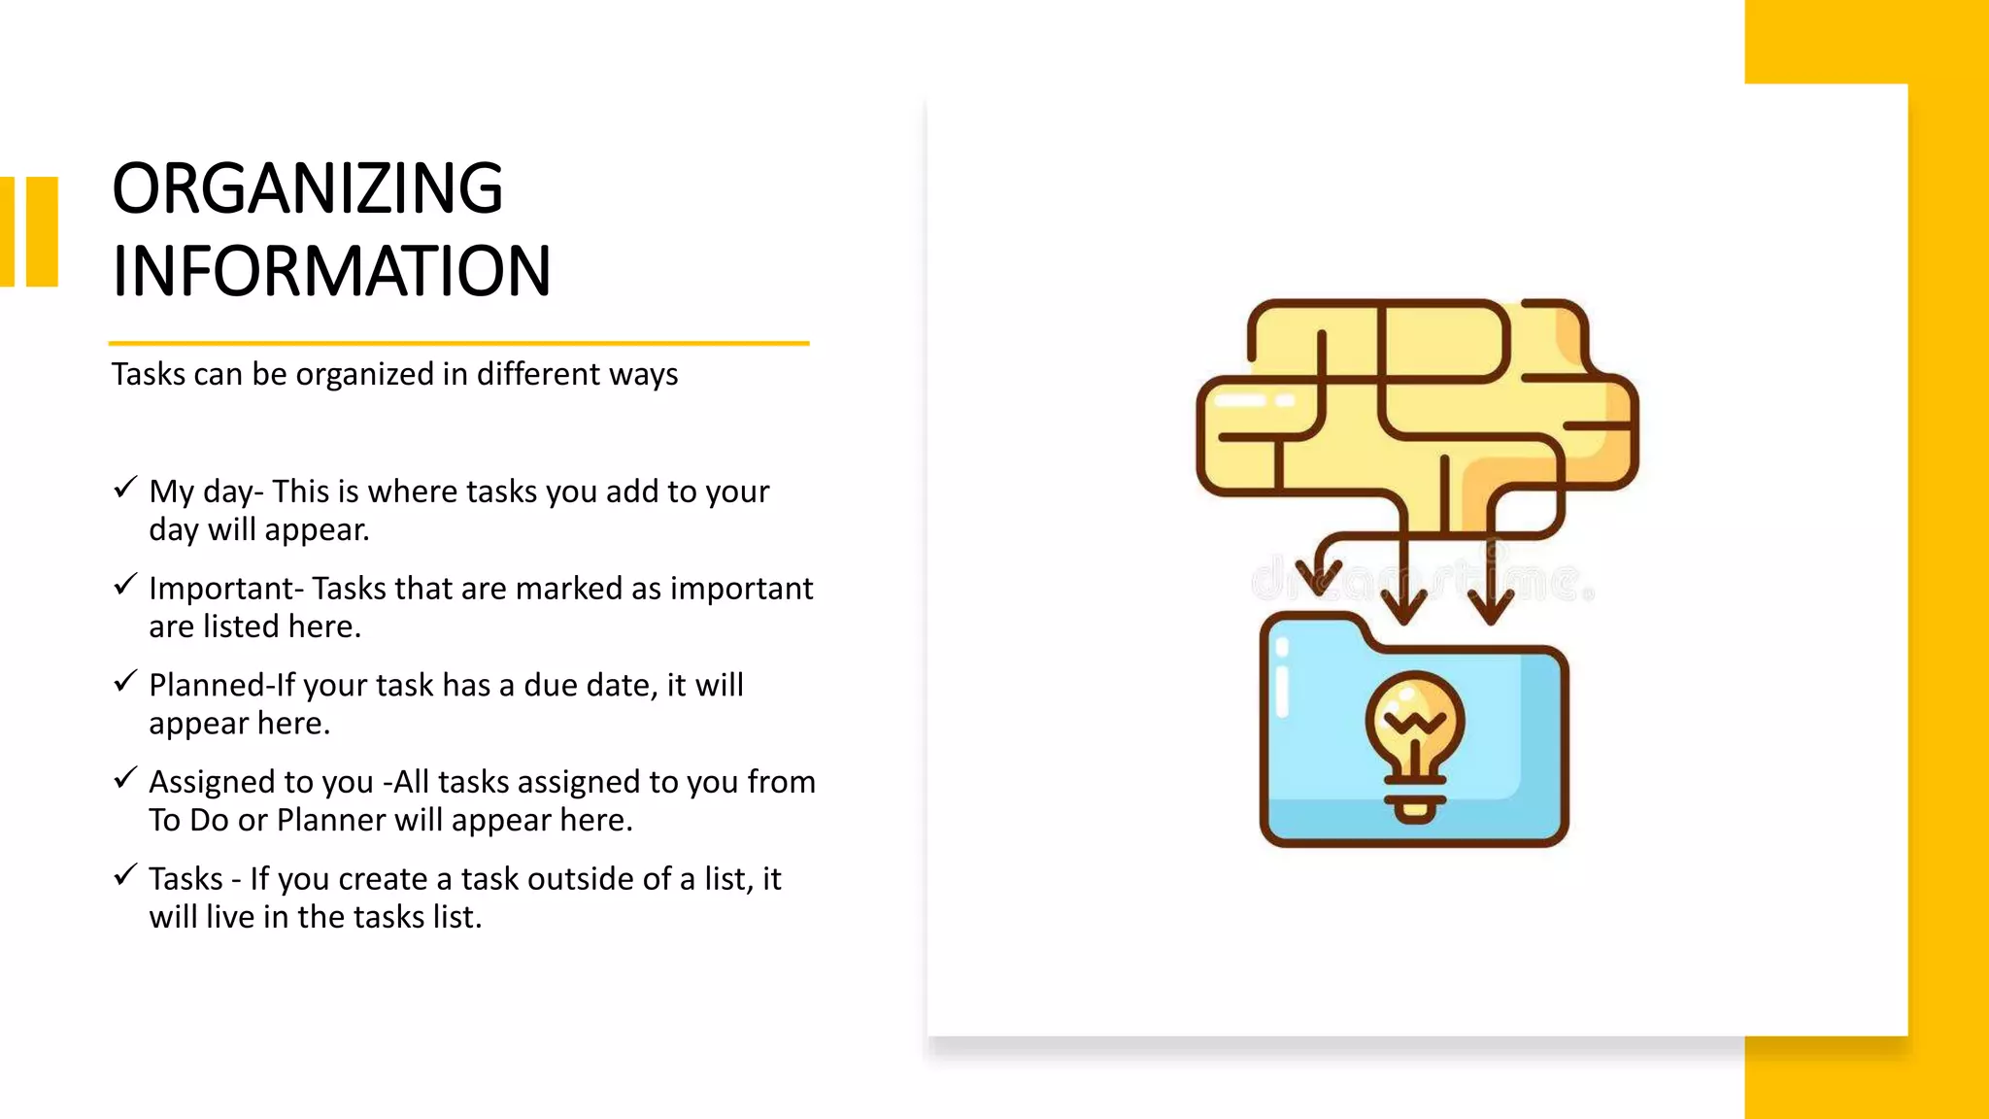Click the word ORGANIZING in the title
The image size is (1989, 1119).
click(x=307, y=188)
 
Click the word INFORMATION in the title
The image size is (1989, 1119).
click(x=331, y=271)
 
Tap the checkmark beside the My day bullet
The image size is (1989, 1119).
click(x=125, y=487)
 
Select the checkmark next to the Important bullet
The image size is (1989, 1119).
click(x=125, y=584)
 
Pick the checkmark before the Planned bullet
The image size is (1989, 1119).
click(x=125, y=681)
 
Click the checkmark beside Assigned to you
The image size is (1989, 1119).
click(x=125, y=778)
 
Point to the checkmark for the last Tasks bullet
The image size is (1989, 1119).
click(x=125, y=875)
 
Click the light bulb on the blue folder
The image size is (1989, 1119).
click(x=1414, y=724)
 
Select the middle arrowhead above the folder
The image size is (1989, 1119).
click(x=1403, y=607)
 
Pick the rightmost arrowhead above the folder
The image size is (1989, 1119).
click(x=1491, y=607)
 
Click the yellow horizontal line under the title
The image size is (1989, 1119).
click(x=458, y=343)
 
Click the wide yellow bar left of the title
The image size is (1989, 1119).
click(x=42, y=231)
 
